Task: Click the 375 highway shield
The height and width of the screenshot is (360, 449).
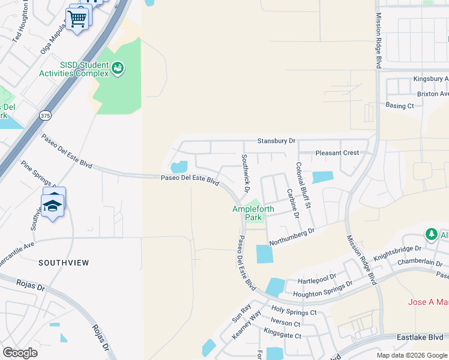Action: point(45,115)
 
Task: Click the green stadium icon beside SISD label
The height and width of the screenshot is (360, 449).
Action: point(118,68)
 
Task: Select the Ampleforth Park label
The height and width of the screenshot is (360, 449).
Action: point(253,213)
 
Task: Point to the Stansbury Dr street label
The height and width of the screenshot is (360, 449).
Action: point(276,141)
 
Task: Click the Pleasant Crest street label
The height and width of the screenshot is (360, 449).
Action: point(337,153)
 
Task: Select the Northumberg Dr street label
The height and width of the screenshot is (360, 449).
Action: point(292,236)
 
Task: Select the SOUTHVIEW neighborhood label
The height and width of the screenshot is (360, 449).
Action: point(64,263)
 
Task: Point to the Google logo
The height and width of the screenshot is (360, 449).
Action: point(20,353)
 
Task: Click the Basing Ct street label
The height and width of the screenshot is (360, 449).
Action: point(400,106)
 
